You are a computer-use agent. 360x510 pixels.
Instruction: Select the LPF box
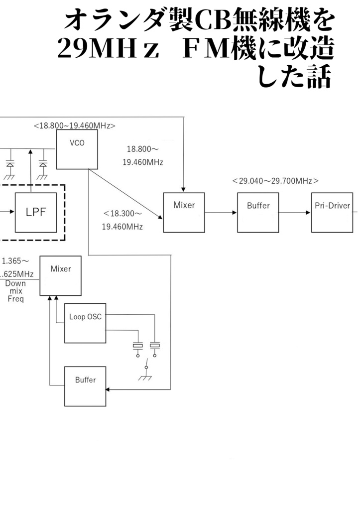click(36, 212)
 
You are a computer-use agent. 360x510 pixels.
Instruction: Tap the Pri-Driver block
click(332, 212)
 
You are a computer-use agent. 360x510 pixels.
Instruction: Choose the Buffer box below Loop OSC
click(85, 386)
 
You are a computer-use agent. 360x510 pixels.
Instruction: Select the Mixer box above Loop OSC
click(60, 275)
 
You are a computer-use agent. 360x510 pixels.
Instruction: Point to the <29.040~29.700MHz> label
click(275, 181)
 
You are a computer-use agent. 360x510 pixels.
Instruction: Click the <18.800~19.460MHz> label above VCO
click(74, 126)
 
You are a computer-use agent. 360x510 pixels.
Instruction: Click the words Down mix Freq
click(15, 291)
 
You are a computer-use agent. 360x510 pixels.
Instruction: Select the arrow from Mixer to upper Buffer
click(221, 212)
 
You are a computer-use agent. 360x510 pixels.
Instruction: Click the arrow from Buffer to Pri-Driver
click(295, 212)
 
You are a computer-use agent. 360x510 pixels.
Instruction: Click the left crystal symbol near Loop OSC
click(138, 346)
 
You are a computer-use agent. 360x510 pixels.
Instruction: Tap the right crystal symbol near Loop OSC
click(155, 345)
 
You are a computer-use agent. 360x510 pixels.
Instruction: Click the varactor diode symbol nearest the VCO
click(43, 164)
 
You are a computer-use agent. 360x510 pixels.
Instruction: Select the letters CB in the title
click(212, 21)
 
